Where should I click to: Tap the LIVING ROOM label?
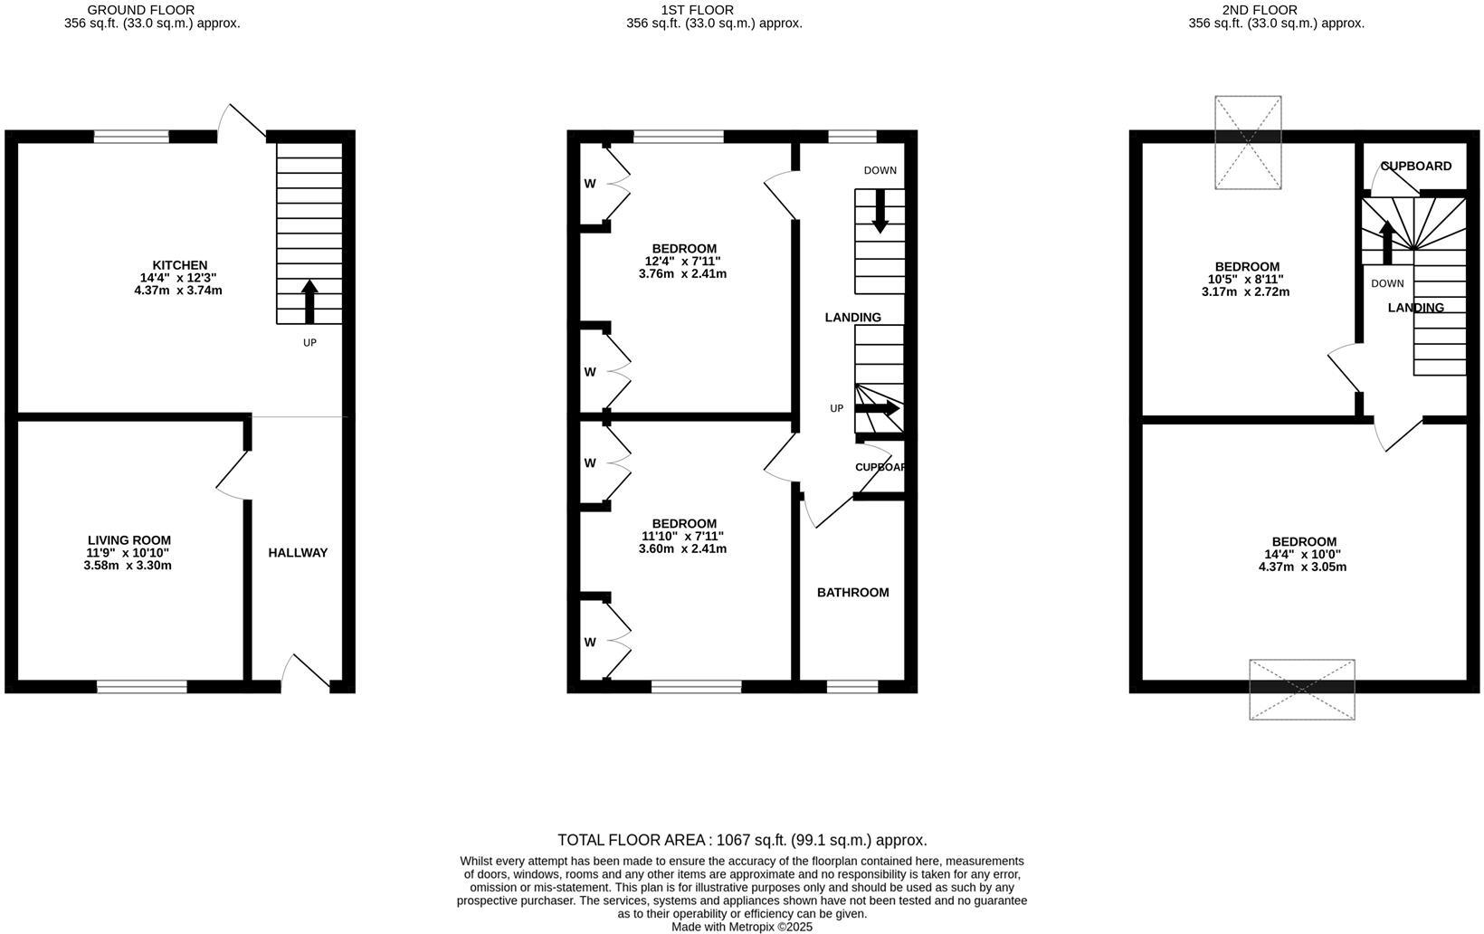pyautogui.click(x=129, y=540)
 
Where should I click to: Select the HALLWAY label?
pyautogui.click(x=298, y=552)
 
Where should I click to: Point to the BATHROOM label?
pyautogui.click(x=852, y=592)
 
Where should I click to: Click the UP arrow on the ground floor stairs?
pyautogui.click(x=309, y=301)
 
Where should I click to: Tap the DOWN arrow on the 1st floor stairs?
pyautogui.click(x=880, y=211)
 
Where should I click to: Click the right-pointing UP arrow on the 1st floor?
pyautogui.click(x=877, y=409)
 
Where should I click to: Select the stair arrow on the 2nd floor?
pyautogui.click(x=1386, y=243)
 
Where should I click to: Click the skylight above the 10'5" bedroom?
pyautogui.click(x=1248, y=142)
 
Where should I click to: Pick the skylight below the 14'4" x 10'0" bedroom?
pyautogui.click(x=1302, y=690)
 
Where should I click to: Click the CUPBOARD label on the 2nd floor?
pyautogui.click(x=1416, y=167)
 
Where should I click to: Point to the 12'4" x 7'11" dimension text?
pyautogui.click(x=682, y=262)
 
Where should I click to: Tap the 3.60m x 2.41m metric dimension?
pyautogui.click(x=682, y=548)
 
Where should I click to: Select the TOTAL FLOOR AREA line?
pyautogui.click(x=742, y=840)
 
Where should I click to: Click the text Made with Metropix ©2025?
pyautogui.click(x=742, y=927)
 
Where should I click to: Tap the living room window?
pyautogui.click(x=142, y=686)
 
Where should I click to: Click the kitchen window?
pyautogui.click(x=131, y=137)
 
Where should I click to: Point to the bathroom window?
pyautogui.click(x=852, y=686)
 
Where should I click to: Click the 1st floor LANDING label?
pyautogui.click(x=852, y=318)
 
